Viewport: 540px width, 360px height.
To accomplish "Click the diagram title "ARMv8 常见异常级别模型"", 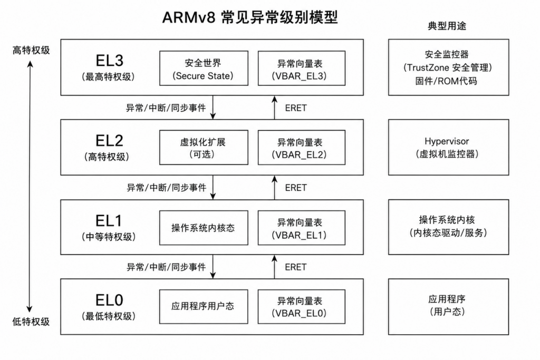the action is point(249,17).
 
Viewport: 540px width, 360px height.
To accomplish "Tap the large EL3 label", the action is point(109,61).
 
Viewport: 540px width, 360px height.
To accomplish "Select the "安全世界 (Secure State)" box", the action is point(204,68).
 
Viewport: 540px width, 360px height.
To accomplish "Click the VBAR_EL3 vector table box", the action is point(301,68).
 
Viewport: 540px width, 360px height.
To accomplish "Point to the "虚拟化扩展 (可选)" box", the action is point(204,147).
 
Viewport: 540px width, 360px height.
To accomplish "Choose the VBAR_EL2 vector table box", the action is point(301,147).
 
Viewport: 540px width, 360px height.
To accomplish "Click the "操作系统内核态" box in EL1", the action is point(204,228).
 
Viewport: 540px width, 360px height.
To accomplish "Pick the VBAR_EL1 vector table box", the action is point(301,228).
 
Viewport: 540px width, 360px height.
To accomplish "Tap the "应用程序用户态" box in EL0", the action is point(204,307).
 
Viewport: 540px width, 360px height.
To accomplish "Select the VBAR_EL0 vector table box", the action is point(301,307).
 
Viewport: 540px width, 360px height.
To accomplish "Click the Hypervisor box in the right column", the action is point(448,147).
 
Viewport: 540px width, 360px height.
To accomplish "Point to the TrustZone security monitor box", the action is point(448,67).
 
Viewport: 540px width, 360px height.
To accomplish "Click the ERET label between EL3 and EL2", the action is point(296,108).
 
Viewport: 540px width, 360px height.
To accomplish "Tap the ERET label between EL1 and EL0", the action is point(296,267).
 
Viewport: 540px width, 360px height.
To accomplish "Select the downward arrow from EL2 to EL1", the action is point(213,187).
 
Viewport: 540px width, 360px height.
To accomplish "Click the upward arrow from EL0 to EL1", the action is point(274,267).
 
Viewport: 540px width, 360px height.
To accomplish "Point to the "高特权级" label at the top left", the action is point(31,50).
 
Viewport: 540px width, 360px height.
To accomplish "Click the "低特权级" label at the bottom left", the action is point(31,322).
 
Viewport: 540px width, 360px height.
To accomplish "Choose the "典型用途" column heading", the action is point(447,26).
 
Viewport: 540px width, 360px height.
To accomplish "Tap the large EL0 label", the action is point(109,300).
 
